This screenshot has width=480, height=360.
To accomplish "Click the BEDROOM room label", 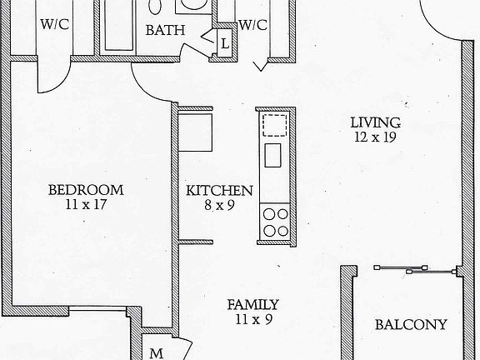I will (x=85, y=189).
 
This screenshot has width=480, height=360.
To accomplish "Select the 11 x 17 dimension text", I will (x=85, y=203).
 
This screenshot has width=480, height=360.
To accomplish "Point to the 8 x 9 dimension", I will (x=219, y=203).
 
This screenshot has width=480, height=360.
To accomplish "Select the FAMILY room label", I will (x=252, y=304).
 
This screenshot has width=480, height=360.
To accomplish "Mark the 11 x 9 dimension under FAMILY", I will (x=252, y=318).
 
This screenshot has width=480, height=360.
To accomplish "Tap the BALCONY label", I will (x=411, y=325).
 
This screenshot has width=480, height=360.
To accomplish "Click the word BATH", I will (x=166, y=30).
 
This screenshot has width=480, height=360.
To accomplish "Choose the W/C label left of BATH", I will (x=54, y=23).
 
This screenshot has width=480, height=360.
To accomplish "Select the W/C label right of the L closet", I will (x=252, y=24).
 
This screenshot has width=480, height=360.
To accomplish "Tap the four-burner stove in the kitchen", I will (x=275, y=221).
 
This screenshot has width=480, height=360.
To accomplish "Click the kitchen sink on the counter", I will (x=273, y=154).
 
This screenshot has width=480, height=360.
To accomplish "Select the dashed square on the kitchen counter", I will (x=275, y=125).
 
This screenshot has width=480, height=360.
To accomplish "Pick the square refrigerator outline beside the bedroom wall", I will (x=198, y=131).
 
